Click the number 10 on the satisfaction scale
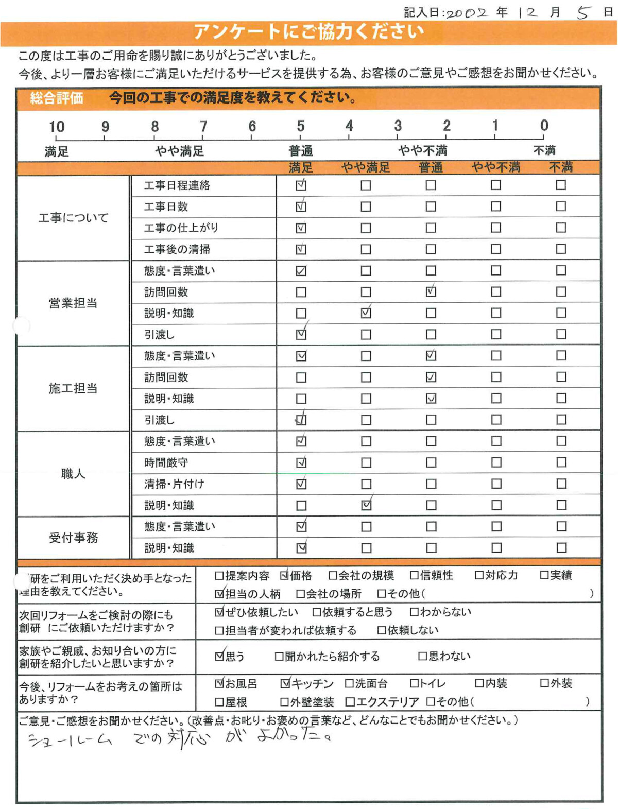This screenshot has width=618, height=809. click(57, 127)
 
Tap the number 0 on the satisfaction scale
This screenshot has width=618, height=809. click(544, 125)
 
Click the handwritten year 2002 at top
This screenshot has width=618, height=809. click(467, 13)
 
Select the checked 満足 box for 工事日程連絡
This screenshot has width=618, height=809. click(301, 185)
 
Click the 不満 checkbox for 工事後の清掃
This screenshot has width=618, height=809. click(561, 249)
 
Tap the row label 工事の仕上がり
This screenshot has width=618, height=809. click(181, 228)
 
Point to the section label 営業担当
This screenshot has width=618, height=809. click(73, 303)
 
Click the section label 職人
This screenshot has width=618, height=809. click(73, 474)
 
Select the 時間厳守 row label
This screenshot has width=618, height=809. click(166, 462)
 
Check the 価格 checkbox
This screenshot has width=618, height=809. click(284, 576)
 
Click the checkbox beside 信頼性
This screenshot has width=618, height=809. click(414, 575)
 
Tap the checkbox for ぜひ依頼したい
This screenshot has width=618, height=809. click(219, 612)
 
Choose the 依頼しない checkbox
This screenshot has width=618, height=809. click(382, 630)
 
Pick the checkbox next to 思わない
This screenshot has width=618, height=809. click(422, 656)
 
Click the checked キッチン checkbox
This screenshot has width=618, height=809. click(285, 684)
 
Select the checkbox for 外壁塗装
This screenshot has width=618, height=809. click(284, 702)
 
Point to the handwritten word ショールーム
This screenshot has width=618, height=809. click(70, 741)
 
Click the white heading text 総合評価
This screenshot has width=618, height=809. click(57, 98)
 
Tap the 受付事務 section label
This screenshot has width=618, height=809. click(73, 538)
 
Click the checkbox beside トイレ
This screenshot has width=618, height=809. click(414, 684)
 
